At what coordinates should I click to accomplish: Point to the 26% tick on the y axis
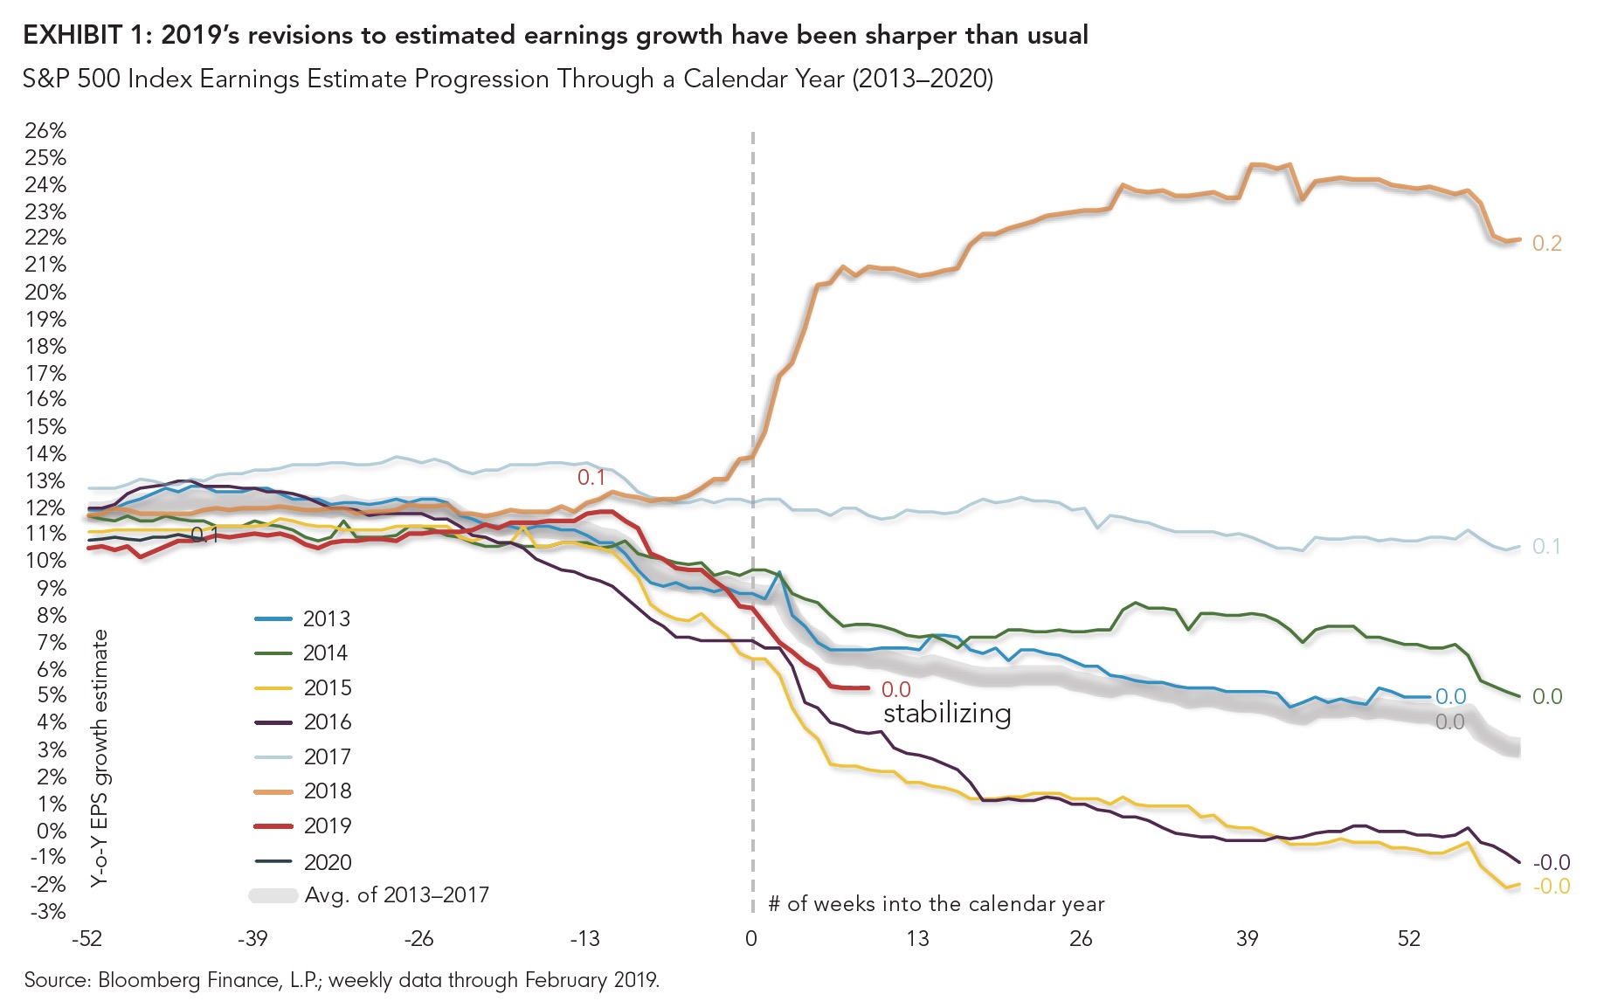(x=45, y=130)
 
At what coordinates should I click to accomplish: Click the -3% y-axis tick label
(x=47, y=911)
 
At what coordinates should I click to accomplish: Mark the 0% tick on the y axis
(x=51, y=830)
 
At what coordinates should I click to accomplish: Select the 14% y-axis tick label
(x=45, y=453)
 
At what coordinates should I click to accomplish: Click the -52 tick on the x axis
(x=86, y=939)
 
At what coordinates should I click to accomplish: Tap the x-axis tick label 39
(x=1247, y=939)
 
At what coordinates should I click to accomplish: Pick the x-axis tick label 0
(x=751, y=939)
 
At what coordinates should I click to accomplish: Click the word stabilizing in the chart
(x=947, y=713)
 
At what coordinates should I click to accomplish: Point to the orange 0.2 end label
(x=1546, y=243)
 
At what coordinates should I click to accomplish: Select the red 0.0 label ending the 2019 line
(x=895, y=689)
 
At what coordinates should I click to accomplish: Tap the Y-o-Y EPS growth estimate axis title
(x=100, y=758)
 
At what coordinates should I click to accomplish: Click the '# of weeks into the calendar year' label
(x=936, y=903)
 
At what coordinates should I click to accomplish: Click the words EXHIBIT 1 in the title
(x=84, y=35)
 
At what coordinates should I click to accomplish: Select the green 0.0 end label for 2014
(x=1546, y=696)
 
